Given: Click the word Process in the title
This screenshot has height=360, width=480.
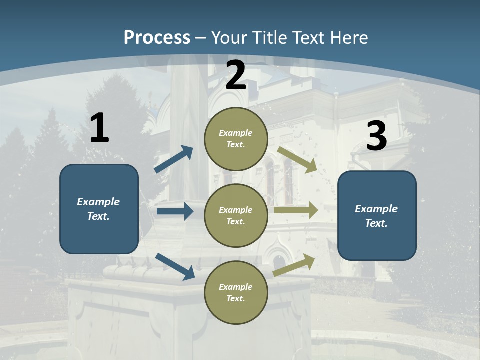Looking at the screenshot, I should (x=157, y=38).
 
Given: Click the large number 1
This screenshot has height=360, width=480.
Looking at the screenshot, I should (x=99, y=128).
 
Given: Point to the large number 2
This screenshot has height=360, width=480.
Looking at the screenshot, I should (x=236, y=75).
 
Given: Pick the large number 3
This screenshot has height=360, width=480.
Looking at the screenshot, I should (x=376, y=136).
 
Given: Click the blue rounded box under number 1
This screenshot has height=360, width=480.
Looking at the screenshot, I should (x=99, y=209).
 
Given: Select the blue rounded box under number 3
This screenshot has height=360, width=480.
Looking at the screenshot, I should (x=377, y=215).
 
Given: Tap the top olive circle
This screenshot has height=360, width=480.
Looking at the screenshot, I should (x=236, y=139).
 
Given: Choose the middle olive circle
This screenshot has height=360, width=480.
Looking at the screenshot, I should (x=236, y=215).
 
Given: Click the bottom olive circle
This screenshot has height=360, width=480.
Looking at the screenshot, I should (x=236, y=292).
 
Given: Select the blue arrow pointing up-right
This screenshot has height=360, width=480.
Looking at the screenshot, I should (x=174, y=159).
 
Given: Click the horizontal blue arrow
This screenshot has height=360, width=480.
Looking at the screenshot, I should (x=175, y=211).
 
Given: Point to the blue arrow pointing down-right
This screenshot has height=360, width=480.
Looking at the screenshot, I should (x=175, y=266).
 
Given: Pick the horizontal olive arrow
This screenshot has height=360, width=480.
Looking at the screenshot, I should (x=296, y=210).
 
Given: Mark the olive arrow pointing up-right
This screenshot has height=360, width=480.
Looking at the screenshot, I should (x=294, y=265).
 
